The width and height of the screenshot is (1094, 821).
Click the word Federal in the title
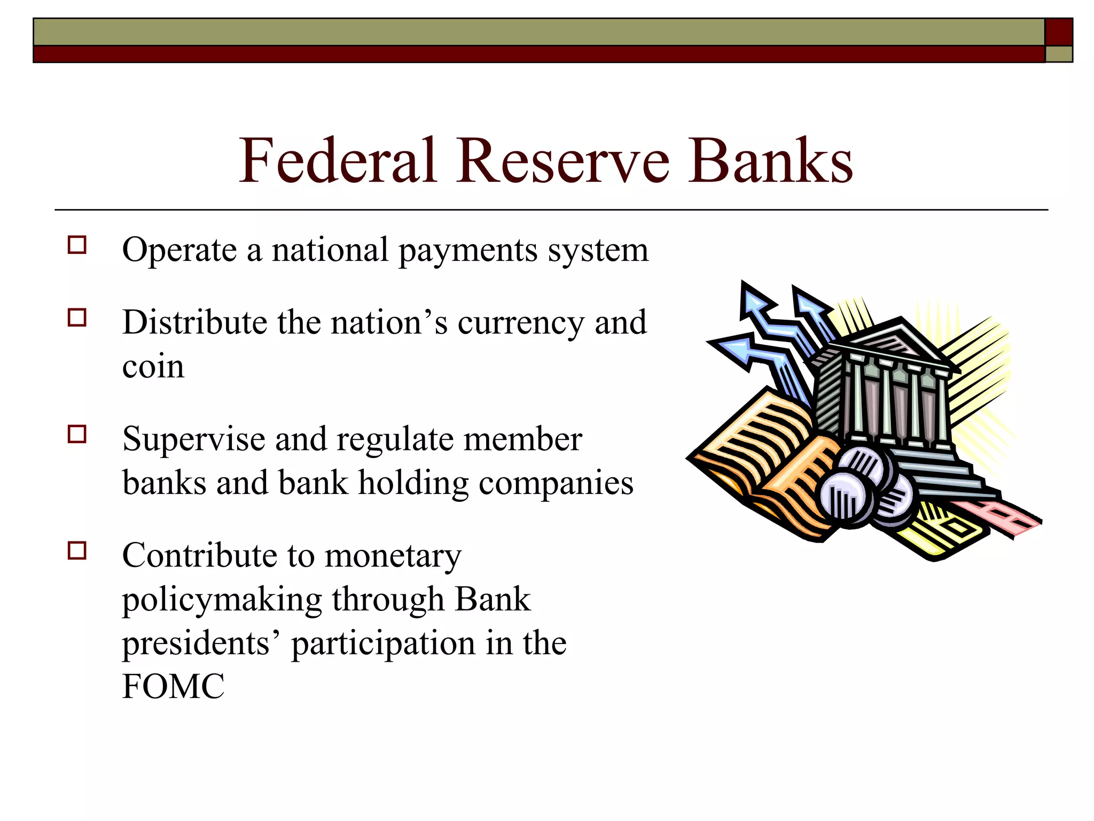coord(338,160)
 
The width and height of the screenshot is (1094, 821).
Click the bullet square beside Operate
coord(77,245)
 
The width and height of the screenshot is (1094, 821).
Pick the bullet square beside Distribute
coord(77,317)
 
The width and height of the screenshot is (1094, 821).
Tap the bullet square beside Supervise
coord(77,434)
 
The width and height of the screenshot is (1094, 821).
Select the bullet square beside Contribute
coord(77,550)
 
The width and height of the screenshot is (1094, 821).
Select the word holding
coord(413,484)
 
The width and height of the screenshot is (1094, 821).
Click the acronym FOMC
coord(173,687)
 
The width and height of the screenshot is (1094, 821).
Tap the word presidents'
coord(202,644)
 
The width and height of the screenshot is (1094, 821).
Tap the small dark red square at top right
coord(1059,32)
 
